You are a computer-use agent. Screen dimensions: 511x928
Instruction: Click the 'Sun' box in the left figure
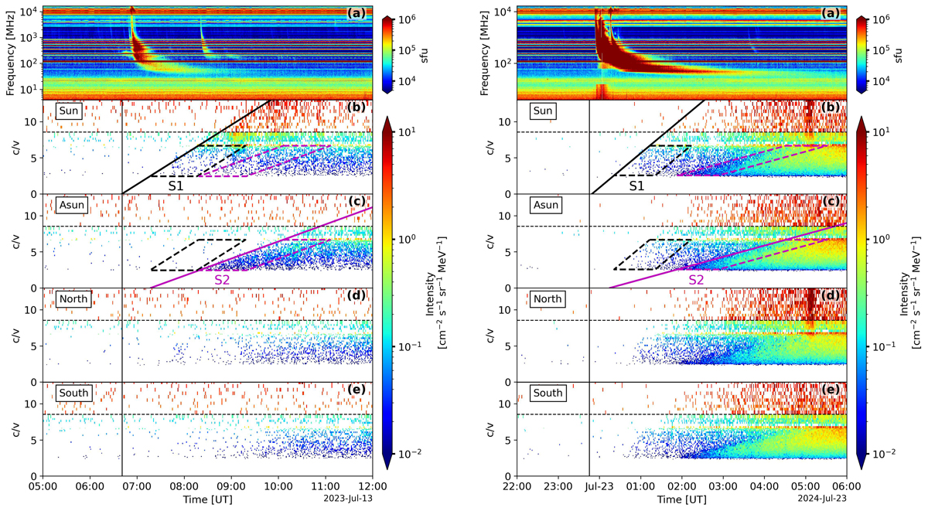69,111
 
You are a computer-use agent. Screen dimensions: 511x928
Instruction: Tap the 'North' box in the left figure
74,299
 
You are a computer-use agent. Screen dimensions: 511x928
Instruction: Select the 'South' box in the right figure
548,393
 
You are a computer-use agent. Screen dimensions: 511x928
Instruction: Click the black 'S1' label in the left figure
176,186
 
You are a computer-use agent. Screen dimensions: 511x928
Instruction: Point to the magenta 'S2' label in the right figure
696,280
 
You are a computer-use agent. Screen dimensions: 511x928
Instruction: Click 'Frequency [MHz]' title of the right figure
481,51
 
